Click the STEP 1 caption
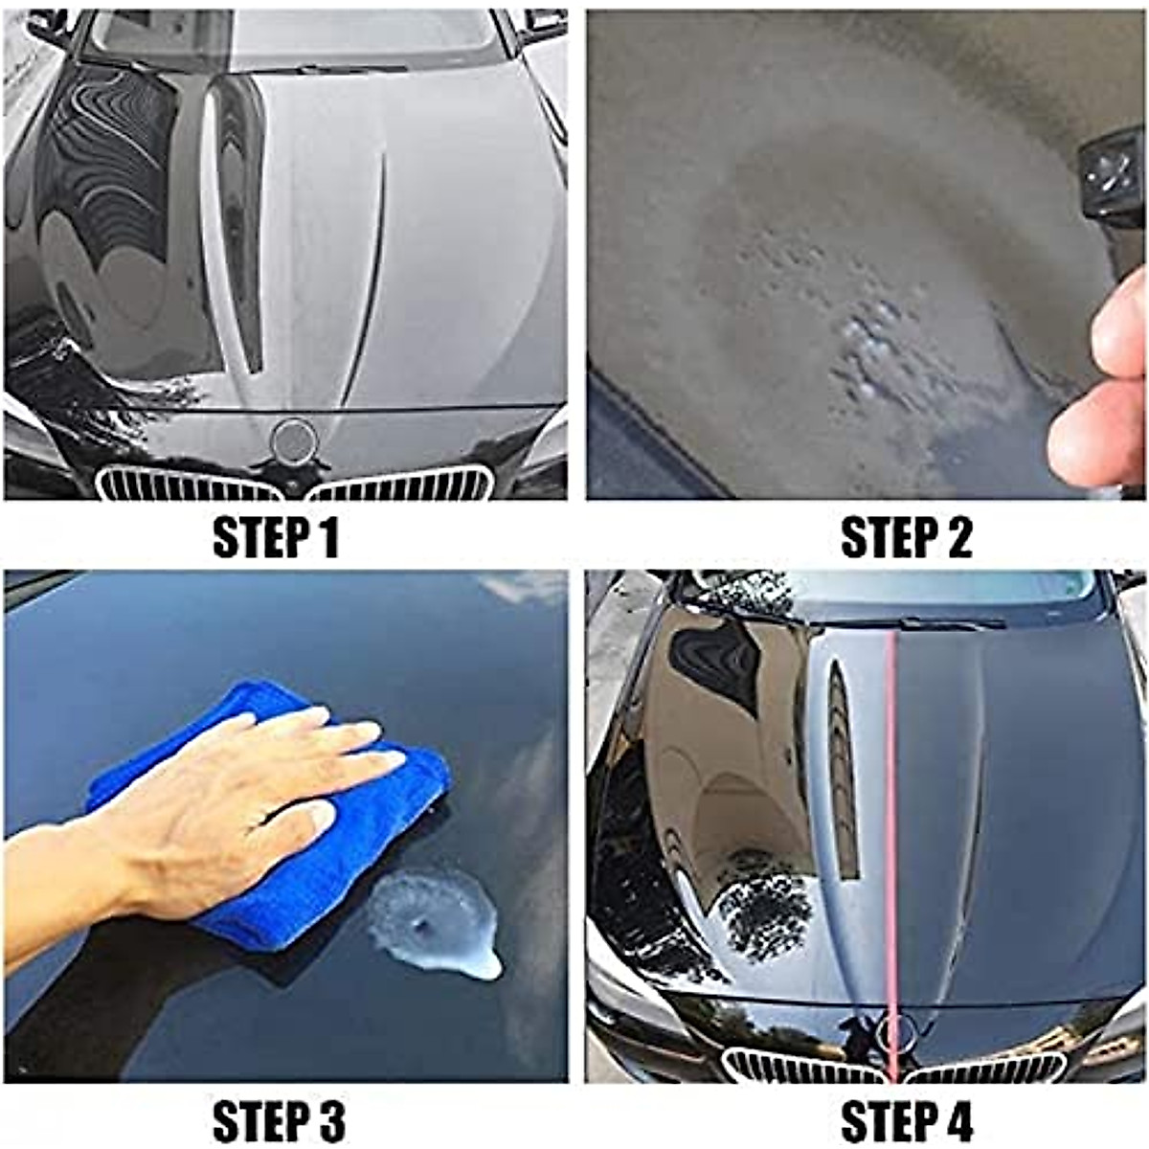(x=276, y=538)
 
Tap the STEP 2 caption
(x=906, y=538)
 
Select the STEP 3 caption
(x=278, y=1120)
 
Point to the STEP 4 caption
(x=906, y=1120)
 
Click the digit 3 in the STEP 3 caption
(x=328, y=1120)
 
